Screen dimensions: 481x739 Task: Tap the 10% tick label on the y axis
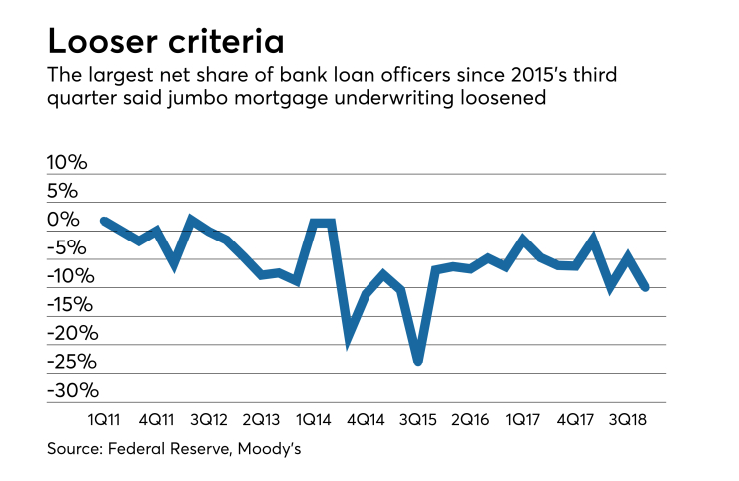click(70, 162)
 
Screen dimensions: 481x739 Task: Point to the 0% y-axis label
click(76, 219)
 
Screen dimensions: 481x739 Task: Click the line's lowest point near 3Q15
click(418, 360)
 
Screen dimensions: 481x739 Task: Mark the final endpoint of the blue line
click(646, 287)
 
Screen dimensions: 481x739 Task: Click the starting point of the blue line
click(105, 221)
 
